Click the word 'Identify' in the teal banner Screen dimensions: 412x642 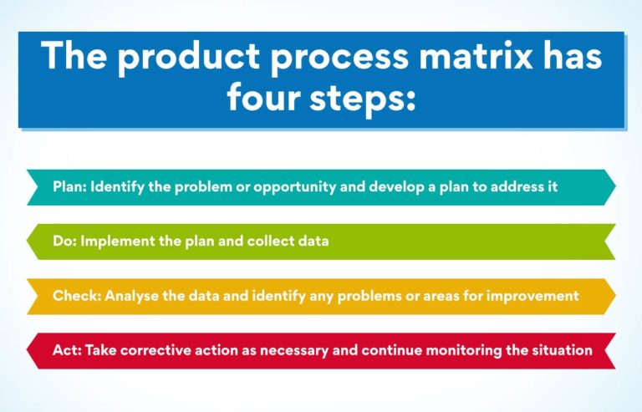click(x=118, y=186)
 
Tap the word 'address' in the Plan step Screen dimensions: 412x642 click(x=510, y=186)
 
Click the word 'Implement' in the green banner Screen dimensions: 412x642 click(x=114, y=242)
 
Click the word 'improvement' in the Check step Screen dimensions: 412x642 click(x=538, y=296)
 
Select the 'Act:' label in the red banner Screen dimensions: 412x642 click(x=66, y=350)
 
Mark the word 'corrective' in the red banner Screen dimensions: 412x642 click(x=155, y=350)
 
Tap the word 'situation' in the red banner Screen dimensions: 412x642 click(x=561, y=350)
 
